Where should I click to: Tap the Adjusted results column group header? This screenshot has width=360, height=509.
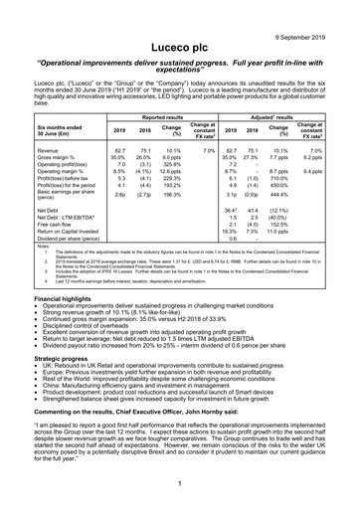coord(276,116)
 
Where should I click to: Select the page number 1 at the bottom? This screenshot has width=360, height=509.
coord(180,482)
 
